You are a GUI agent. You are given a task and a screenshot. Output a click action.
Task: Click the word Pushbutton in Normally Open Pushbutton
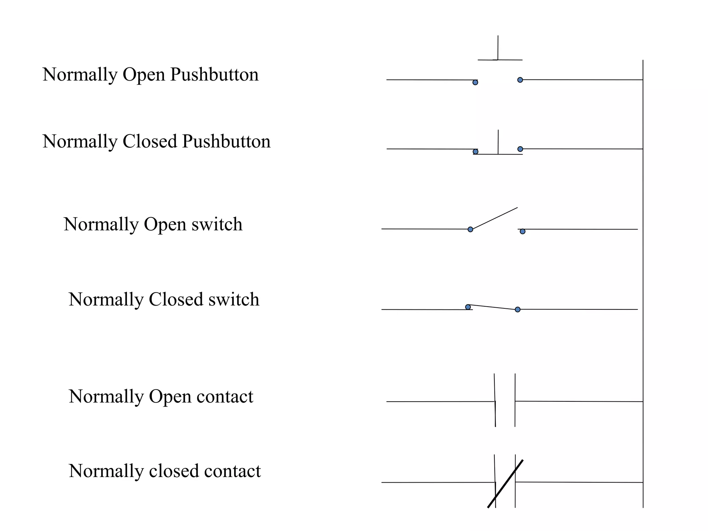(x=214, y=75)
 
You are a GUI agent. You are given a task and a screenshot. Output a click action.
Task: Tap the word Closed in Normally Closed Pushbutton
(x=150, y=142)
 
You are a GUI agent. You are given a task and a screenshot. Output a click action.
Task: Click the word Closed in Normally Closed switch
(x=176, y=299)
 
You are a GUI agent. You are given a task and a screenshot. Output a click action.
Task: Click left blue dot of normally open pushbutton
(x=475, y=82)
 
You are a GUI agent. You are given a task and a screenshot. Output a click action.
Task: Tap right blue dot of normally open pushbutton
(x=520, y=80)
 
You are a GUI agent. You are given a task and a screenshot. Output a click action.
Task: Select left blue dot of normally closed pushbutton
(x=475, y=151)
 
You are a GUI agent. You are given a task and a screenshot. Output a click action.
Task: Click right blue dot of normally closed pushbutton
(x=520, y=149)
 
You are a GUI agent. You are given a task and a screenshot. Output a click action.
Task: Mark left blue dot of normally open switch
(x=470, y=229)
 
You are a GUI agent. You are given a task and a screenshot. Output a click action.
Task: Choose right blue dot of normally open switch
(x=522, y=231)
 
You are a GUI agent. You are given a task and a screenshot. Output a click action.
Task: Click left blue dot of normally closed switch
(x=468, y=307)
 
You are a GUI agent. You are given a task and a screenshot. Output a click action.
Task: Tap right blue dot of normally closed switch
(x=518, y=309)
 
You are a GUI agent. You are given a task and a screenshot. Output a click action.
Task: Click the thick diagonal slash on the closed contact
(x=505, y=484)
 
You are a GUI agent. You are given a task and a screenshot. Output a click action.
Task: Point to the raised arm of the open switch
(x=494, y=218)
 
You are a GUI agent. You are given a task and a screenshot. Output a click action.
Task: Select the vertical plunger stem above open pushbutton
(x=498, y=48)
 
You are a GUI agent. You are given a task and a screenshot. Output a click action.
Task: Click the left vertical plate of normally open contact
(x=495, y=400)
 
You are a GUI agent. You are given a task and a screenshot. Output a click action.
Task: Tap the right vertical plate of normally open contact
(x=515, y=400)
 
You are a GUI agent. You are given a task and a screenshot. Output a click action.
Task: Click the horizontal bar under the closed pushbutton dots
(x=498, y=154)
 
